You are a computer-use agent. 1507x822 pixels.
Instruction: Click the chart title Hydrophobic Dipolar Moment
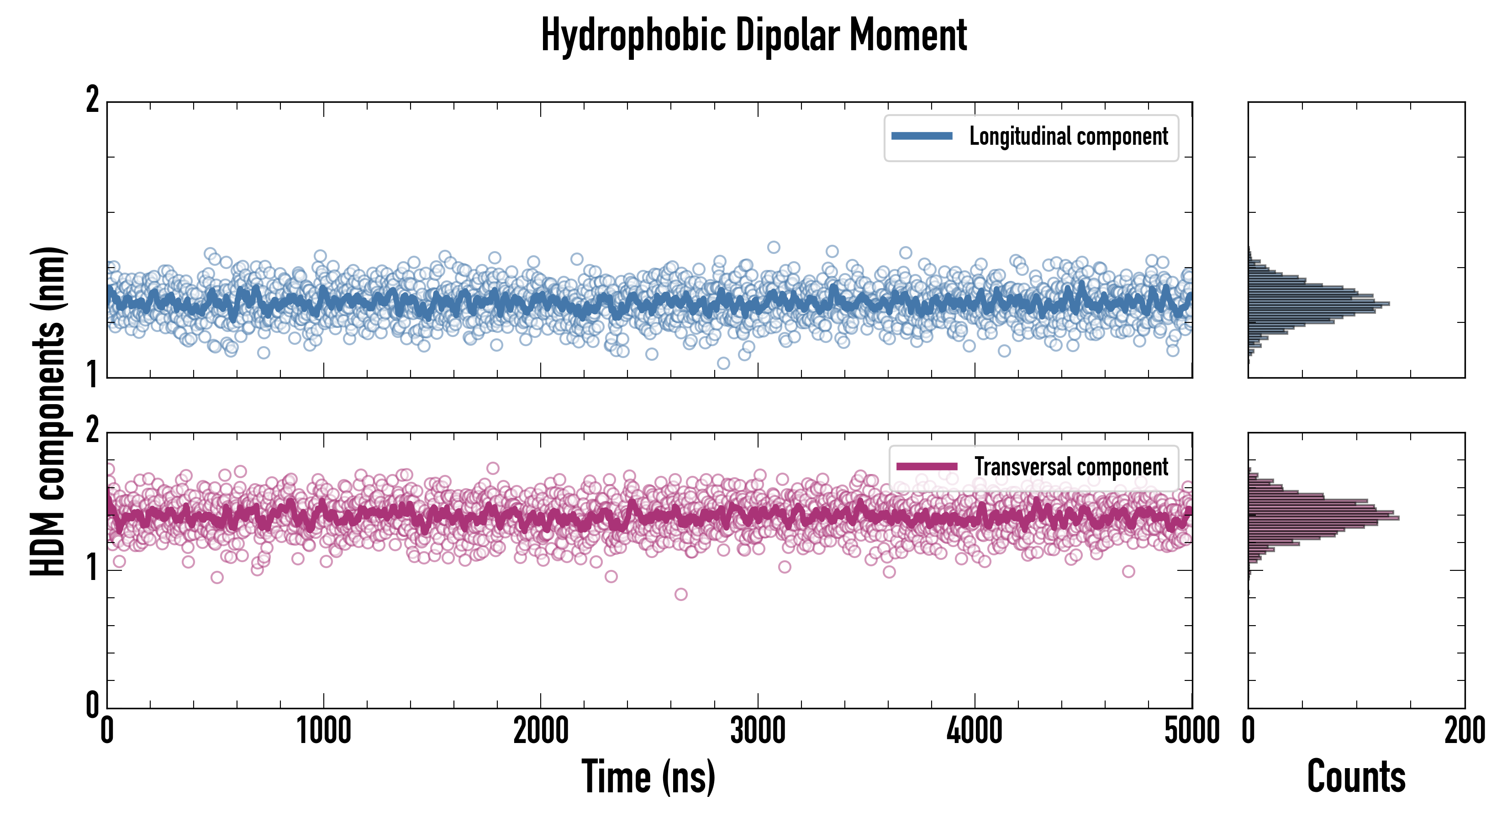pos(753,35)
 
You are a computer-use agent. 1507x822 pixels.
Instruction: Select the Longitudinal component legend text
pos(1068,137)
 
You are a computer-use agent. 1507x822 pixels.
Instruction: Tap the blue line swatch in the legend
pos(922,137)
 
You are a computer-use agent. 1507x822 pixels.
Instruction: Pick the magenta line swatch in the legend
pos(927,467)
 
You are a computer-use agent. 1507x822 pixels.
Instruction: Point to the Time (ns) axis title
pos(648,776)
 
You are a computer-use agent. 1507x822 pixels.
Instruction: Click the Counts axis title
pos(1356,776)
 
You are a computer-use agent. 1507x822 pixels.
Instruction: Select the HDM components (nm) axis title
pos(48,411)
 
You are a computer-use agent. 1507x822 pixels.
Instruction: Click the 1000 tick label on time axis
pos(323,731)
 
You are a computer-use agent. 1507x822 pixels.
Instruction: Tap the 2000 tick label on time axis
pos(541,731)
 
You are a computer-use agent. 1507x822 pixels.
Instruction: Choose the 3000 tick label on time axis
pos(758,731)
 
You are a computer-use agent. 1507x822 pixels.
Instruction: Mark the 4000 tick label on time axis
pos(975,731)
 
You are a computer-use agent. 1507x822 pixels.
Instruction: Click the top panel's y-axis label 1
pos(92,374)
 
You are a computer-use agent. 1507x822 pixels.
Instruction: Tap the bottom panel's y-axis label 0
pos(92,705)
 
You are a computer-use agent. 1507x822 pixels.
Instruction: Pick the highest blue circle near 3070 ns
pos(774,247)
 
